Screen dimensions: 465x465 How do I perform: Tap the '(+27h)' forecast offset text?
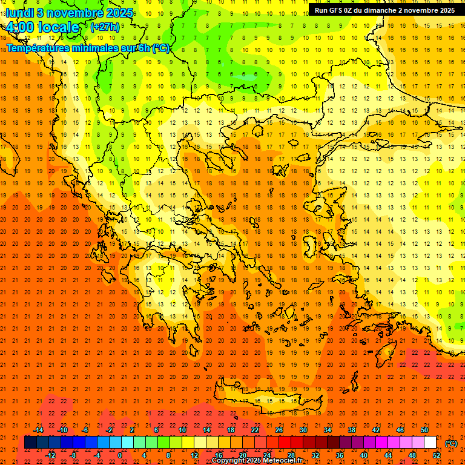(105, 27)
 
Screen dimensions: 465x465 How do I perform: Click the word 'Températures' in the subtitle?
(36, 48)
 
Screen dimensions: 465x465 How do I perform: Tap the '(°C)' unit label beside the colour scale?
(451, 443)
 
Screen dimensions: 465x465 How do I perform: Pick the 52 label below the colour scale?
(436, 455)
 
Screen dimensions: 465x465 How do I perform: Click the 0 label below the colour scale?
(120, 455)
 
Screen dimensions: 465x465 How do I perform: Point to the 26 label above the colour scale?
(279, 430)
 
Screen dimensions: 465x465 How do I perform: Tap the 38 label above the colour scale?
(352, 430)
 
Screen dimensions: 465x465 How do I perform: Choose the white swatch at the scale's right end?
(430, 443)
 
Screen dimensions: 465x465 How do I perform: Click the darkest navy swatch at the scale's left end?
(30, 443)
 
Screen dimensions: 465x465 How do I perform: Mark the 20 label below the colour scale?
(242, 455)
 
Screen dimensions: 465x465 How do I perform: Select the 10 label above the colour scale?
(182, 430)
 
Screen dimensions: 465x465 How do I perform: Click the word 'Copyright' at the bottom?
(228, 461)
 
